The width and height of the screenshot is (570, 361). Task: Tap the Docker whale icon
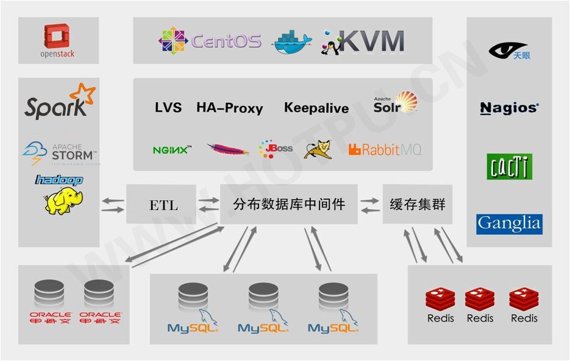[291, 41]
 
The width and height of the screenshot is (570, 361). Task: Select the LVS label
[168, 108]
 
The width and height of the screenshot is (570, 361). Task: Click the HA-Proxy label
[229, 108]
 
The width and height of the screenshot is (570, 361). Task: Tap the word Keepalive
[316, 108]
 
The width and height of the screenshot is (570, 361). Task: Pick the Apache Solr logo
[396, 103]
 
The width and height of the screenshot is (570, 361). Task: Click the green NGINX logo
[172, 149]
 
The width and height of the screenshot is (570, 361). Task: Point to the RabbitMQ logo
[385, 149]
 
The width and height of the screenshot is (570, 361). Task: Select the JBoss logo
[276, 149]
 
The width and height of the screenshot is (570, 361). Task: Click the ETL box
[163, 205]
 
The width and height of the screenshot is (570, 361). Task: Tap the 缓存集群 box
[418, 205]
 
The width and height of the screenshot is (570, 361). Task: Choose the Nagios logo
[509, 108]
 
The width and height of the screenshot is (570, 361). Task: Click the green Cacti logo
[510, 166]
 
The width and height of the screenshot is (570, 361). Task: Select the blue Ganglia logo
[509, 224]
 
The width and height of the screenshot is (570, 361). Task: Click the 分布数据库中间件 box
[289, 205]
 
